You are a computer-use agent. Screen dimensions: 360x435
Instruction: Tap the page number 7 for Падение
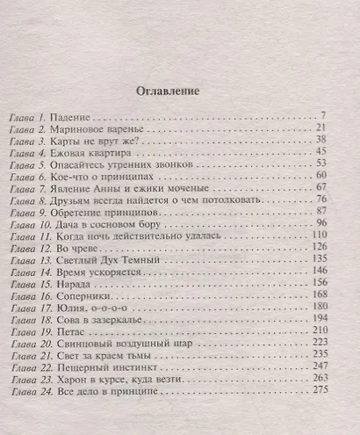click(x=324, y=116)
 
